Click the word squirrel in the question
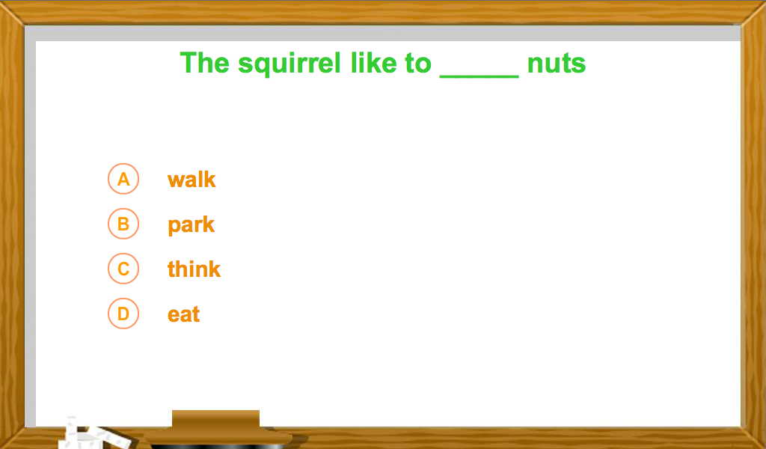pos(289,64)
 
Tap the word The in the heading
pos(205,63)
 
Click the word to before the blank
pos(418,64)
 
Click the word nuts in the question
pos(557,64)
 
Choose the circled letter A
pos(123,179)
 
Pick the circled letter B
pos(123,224)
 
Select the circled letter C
pos(123,269)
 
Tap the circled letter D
pos(123,314)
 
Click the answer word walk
pos(191,180)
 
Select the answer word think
pos(194,269)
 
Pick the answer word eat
pos(184,314)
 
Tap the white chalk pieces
pos(93,434)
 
